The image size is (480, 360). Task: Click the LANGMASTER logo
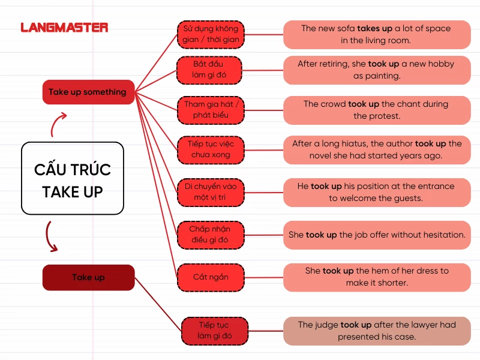[64, 28]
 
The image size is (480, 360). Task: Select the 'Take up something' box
[88, 92]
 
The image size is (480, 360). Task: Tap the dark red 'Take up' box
[88, 277]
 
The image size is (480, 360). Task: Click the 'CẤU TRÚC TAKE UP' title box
[73, 178]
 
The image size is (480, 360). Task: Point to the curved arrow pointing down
[50, 236]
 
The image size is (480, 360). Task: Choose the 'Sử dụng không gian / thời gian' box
[211, 34]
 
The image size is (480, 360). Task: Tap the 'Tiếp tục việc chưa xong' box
[209, 149]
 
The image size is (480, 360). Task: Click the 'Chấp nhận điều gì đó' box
[209, 235]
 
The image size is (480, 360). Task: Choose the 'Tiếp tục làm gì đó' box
[214, 330]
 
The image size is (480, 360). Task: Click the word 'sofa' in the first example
[344, 28]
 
